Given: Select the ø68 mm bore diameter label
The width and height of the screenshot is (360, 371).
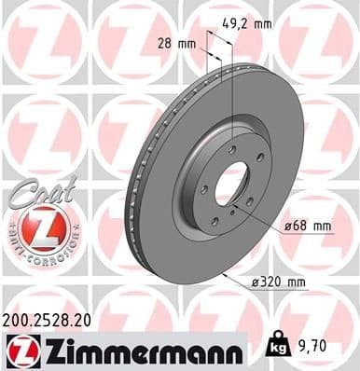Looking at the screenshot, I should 308,225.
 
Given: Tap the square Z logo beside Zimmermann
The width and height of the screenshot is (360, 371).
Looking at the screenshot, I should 17,351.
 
